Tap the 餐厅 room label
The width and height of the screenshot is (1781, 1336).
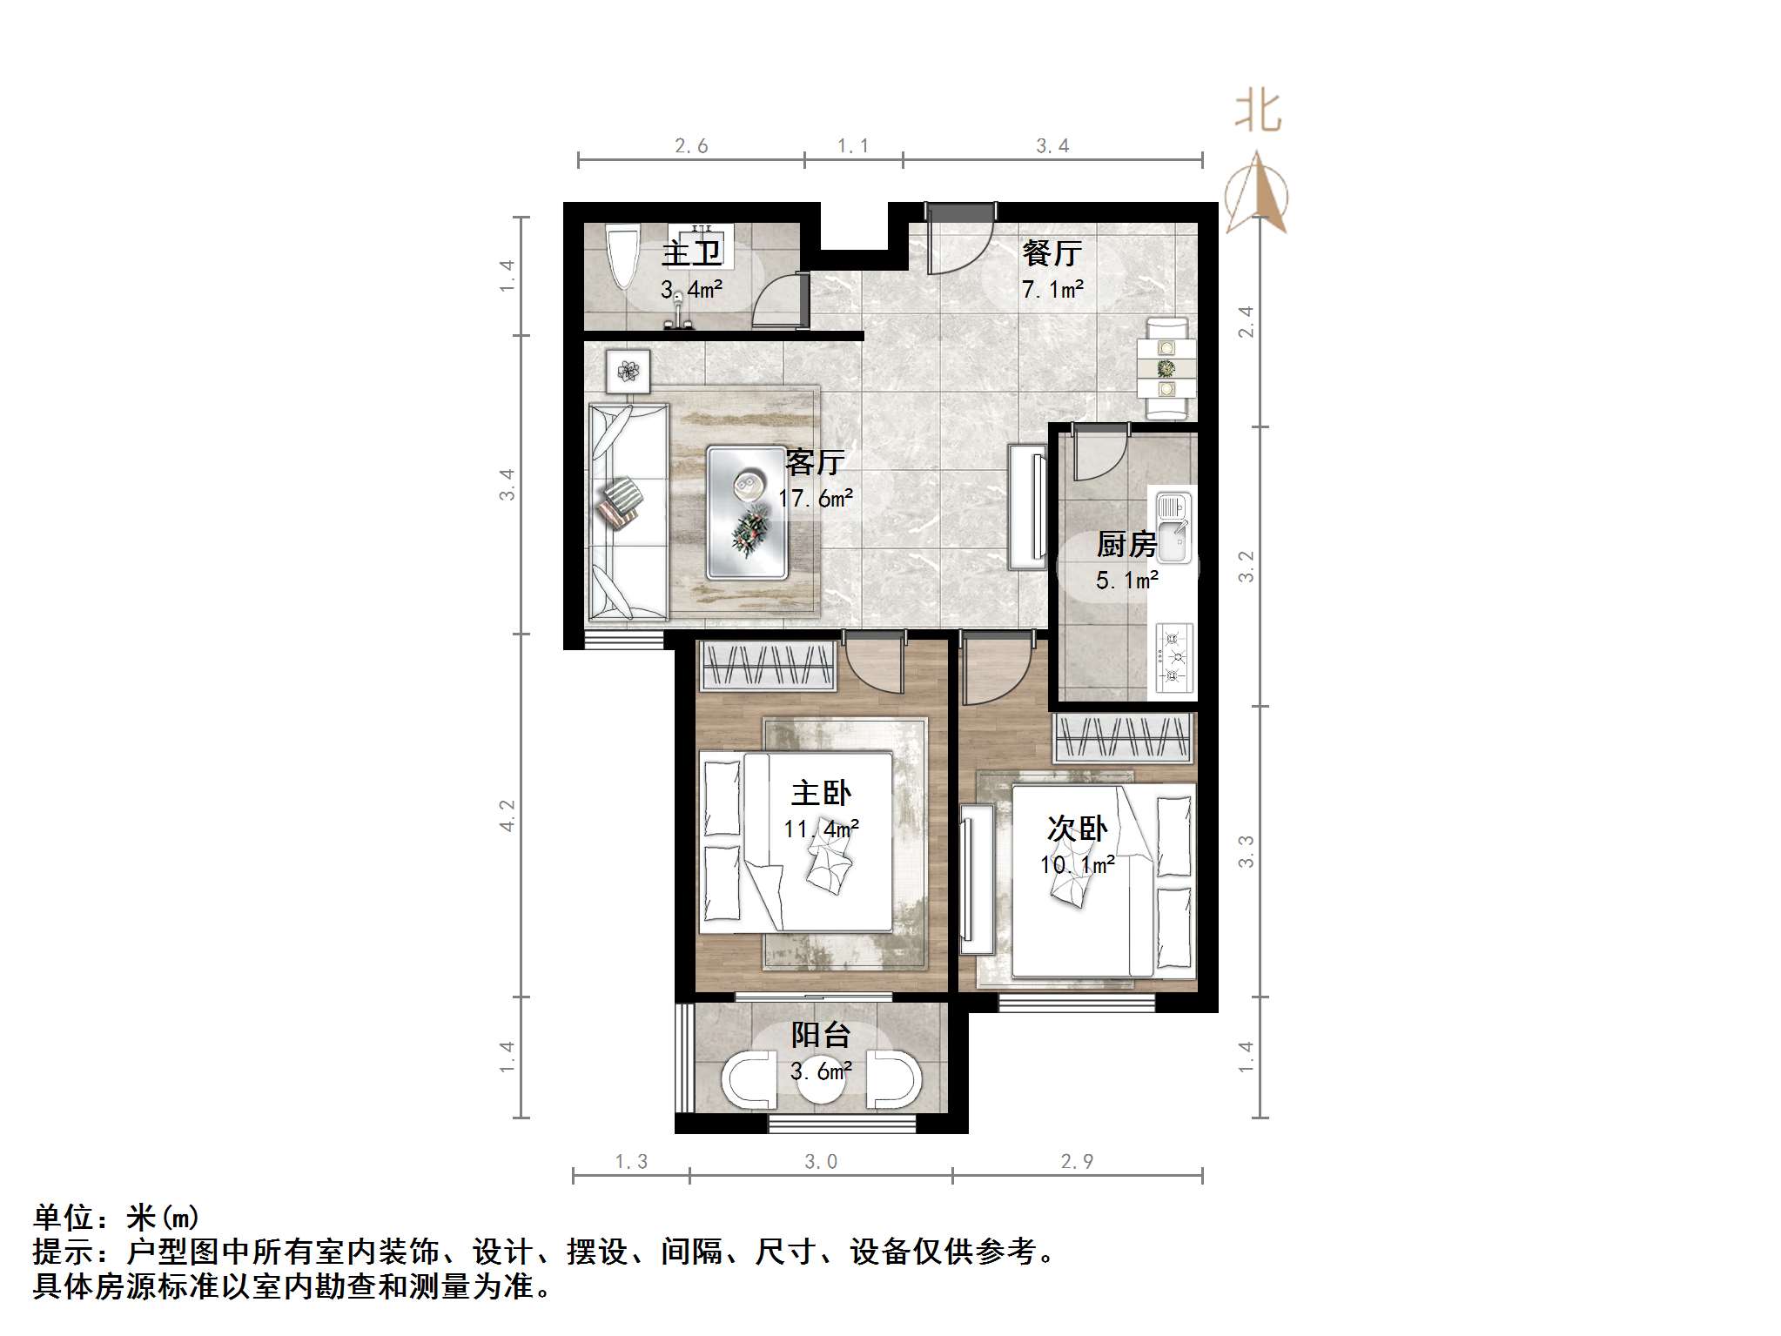(x=1052, y=253)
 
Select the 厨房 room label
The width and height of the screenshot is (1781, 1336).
(x=1126, y=545)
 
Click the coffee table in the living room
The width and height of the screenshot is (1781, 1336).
(x=747, y=513)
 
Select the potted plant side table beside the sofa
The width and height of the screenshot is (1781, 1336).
(x=628, y=372)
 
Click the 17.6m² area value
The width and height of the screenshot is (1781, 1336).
(x=816, y=499)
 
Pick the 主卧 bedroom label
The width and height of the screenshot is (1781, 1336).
(x=821, y=793)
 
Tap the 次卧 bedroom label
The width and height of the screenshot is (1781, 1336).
(x=1077, y=829)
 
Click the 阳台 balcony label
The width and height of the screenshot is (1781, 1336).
(x=821, y=1035)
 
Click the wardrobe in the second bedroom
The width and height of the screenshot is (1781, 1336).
(x=1123, y=736)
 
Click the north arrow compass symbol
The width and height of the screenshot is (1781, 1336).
(x=1256, y=195)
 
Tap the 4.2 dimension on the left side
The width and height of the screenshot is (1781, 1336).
(x=507, y=816)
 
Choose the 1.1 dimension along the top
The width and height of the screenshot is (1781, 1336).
(x=853, y=146)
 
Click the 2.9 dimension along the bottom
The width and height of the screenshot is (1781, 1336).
(x=1077, y=1161)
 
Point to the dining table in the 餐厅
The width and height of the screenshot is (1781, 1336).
(x=1166, y=369)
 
